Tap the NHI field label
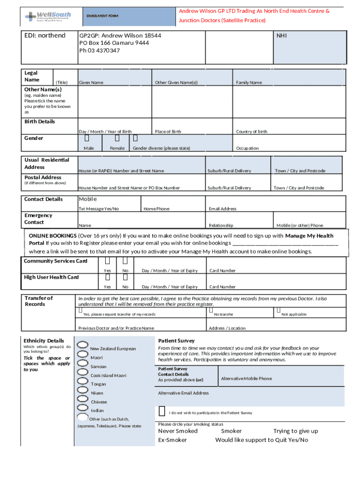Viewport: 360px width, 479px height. tap(281, 35)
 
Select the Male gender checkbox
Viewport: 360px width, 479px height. tap(87, 138)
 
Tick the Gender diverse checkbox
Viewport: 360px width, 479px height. tap(135, 138)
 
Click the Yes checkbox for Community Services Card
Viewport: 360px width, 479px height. tap(108, 261)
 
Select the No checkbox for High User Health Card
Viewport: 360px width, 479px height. tap(125, 278)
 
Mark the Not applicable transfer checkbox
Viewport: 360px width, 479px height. tap(278, 310)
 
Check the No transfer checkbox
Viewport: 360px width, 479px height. tap(211, 310)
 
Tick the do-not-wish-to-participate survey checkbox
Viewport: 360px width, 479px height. tap(162, 411)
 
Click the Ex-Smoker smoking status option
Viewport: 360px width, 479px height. tap(172, 440)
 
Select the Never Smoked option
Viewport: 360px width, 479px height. tap(178, 431)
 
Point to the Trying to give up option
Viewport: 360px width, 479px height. tap(295, 431)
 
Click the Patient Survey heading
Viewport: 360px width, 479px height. tap(176, 341)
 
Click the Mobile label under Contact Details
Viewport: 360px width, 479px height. tap(87, 199)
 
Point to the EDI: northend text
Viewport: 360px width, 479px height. tap(45, 36)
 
